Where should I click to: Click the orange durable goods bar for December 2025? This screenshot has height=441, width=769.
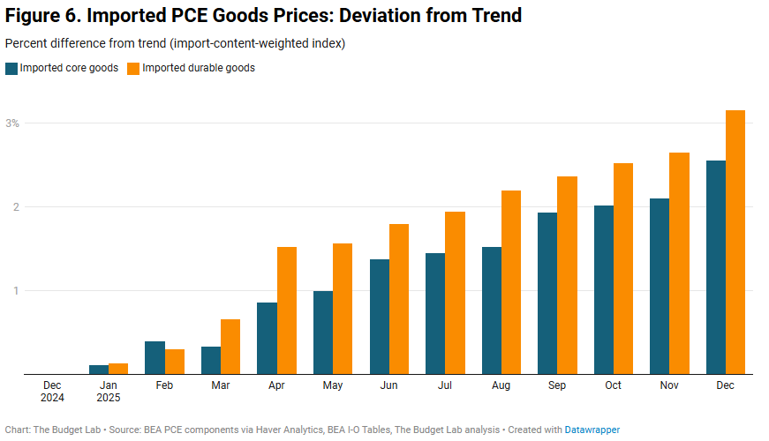735,243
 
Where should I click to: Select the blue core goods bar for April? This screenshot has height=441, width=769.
267,339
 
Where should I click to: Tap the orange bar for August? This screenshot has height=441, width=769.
510,282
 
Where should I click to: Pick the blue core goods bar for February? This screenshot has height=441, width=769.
155,357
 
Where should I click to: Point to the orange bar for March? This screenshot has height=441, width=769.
230,347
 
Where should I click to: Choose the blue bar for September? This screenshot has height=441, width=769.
547,293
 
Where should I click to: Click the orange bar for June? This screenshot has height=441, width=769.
399,299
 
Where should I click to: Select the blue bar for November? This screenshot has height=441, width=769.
660,286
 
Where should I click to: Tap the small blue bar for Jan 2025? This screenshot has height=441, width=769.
99,370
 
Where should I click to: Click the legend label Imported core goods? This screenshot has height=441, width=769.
69,68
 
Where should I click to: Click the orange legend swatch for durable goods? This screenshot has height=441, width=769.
133,68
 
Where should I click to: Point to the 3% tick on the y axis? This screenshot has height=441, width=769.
12,123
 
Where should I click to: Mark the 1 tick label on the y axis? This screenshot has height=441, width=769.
15,291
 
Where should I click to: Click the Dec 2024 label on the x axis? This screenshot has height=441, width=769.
52,392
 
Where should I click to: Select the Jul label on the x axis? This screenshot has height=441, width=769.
445,385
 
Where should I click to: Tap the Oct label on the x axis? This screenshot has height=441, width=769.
614,385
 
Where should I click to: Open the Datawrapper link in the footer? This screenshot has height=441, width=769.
592,430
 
